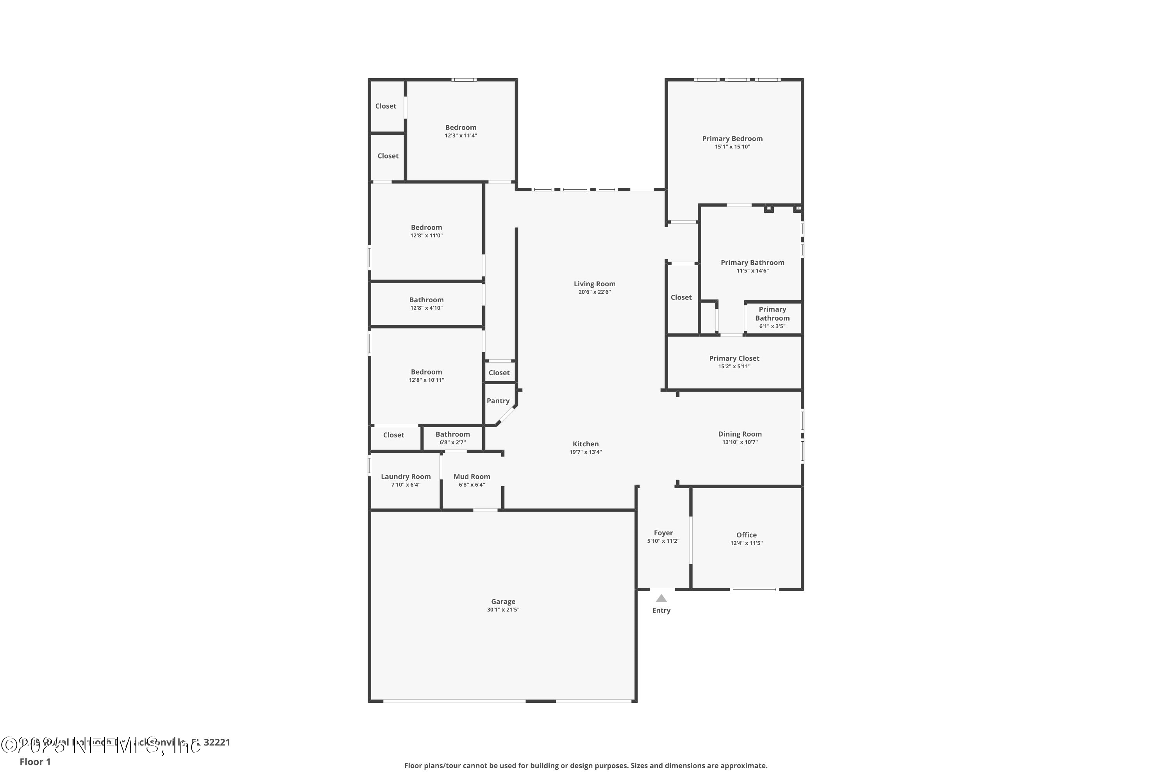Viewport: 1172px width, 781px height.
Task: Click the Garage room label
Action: click(503, 601)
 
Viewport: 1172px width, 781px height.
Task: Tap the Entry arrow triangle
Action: click(661, 598)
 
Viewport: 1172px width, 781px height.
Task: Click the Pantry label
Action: click(498, 401)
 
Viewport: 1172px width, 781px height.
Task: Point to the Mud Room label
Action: click(472, 476)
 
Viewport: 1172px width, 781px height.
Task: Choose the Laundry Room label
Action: click(406, 476)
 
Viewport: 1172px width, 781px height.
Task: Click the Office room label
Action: click(746, 535)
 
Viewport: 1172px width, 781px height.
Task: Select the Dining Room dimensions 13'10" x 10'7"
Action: click(740, 442)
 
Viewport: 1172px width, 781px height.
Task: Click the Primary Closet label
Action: click(734, 358)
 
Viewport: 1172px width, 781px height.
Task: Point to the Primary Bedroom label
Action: click(732, 139)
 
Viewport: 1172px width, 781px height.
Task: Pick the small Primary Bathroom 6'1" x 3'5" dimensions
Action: click(772, 326)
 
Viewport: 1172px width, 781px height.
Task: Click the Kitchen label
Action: click(586, 444)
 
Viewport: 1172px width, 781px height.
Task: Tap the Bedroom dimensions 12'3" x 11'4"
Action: click(461, 136)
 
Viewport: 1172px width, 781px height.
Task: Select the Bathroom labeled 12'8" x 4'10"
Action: click(426, 300)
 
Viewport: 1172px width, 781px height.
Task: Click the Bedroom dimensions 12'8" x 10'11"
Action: click(426, 380)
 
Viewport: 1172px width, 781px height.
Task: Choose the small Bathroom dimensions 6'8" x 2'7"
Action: click(452, 442)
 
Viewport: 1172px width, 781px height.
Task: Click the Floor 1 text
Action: click(35, 761)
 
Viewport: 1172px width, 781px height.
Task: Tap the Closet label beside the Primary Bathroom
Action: click(681, 297)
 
